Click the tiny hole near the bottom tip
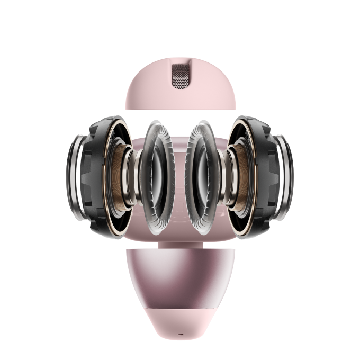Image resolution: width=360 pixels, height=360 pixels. tap(180, 337)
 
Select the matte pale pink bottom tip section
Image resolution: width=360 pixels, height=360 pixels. tap(180, 323)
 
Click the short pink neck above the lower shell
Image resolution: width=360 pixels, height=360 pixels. tap(180, 245)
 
